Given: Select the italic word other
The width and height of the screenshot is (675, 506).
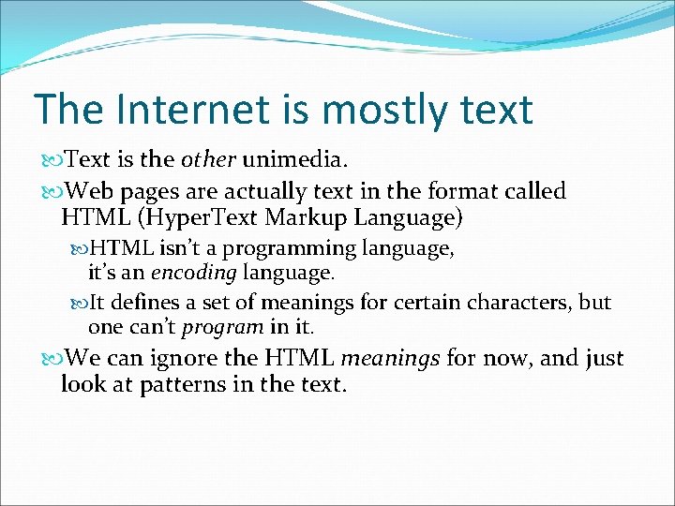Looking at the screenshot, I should click(208, 159).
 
